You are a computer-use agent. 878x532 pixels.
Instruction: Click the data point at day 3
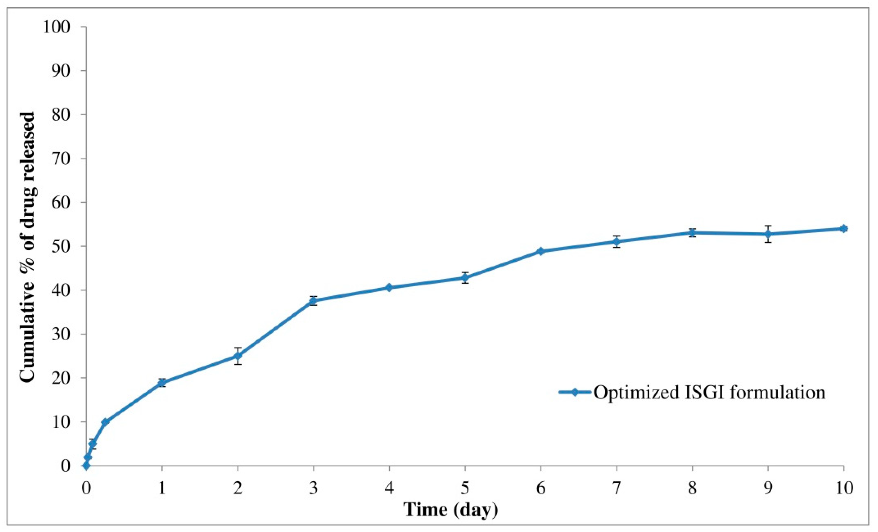313,301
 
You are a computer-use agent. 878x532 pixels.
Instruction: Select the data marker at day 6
541,251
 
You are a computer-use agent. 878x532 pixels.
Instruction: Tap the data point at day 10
843,228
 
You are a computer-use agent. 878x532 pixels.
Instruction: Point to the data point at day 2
238,356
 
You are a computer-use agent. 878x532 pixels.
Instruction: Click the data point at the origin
86,466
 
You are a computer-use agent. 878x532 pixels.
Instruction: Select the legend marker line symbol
575,392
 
